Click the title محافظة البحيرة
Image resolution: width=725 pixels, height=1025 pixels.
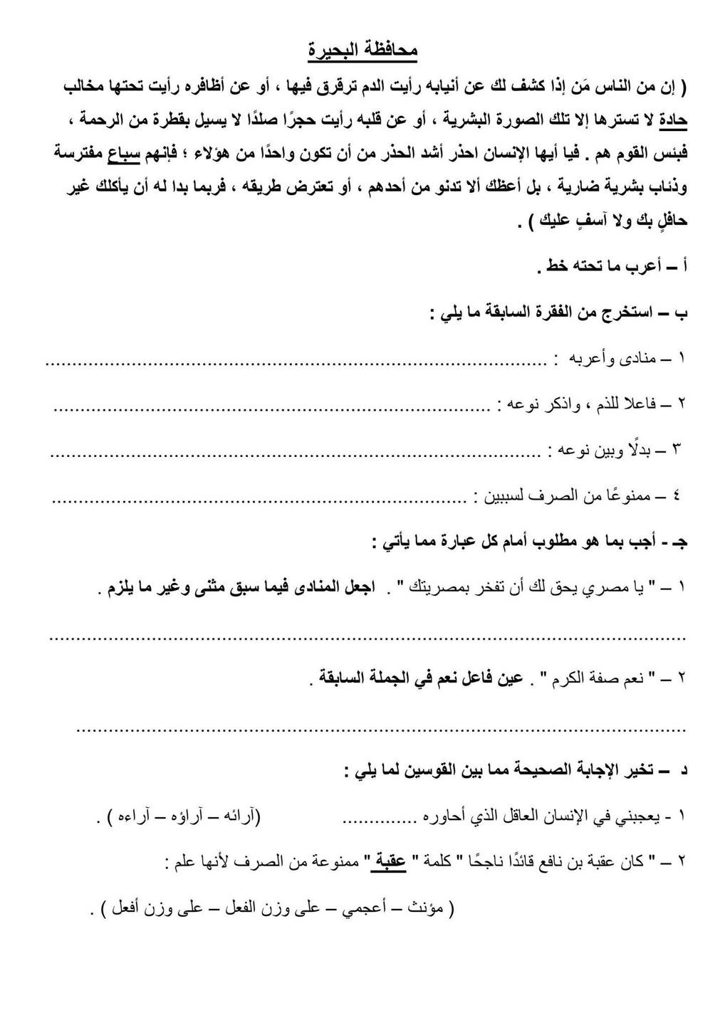click(x=362, y=52)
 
